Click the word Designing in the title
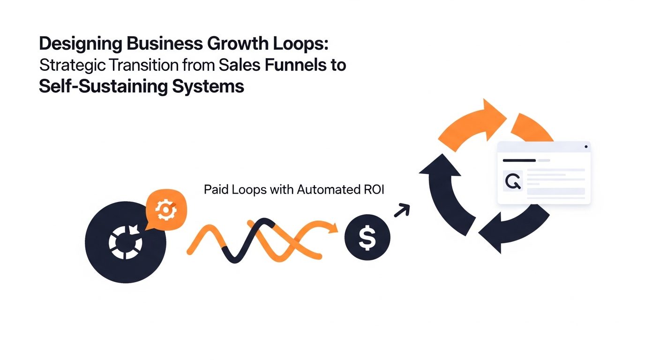[81, 44]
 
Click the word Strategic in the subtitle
[72, 66]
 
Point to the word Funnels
[295, 65]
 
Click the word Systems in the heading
[208, 87]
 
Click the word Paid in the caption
[216, 189]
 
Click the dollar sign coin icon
[367, 238]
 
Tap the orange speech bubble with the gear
[166, 210]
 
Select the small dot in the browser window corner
[586, 147]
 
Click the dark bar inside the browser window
[519, 161]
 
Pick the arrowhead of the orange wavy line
[333, 228]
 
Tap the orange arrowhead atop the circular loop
[495, 120]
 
